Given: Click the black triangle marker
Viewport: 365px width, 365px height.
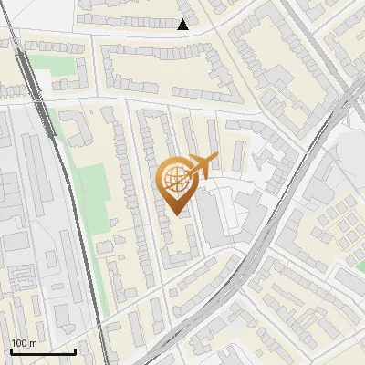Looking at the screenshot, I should pos(183,25).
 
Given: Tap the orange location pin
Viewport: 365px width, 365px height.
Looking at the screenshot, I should pos(175,182).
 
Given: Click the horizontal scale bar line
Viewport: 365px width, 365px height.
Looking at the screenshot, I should pos(42,351).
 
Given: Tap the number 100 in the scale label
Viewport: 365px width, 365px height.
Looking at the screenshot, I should pos(19,344).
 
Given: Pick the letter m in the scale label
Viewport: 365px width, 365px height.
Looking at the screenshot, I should pos(32,344).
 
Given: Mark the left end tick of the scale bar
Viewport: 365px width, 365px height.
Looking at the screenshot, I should pos(10,349).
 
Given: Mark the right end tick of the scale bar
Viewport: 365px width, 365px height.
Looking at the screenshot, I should pos(75,349).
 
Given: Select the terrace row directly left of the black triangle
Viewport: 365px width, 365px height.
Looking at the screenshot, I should pos(128,18).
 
